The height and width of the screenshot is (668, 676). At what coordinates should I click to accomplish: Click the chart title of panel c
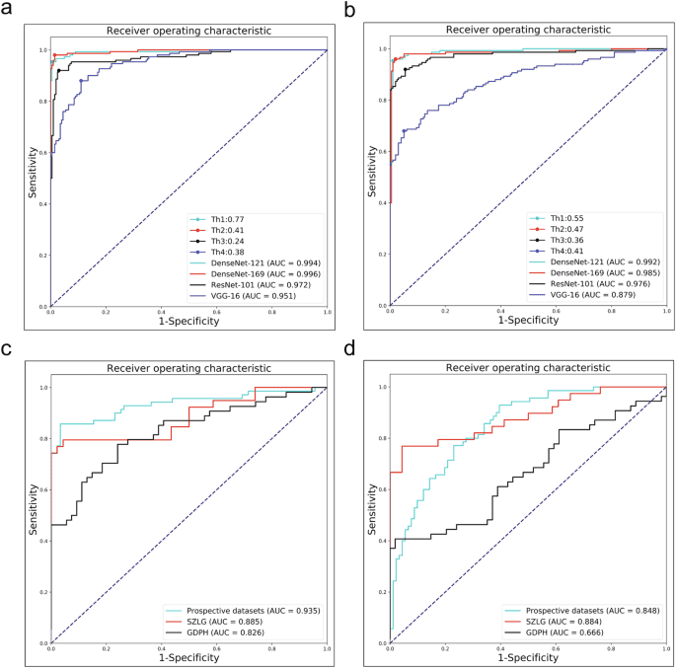point(188,369)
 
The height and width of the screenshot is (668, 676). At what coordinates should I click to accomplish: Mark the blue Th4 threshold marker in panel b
point(405,130)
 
